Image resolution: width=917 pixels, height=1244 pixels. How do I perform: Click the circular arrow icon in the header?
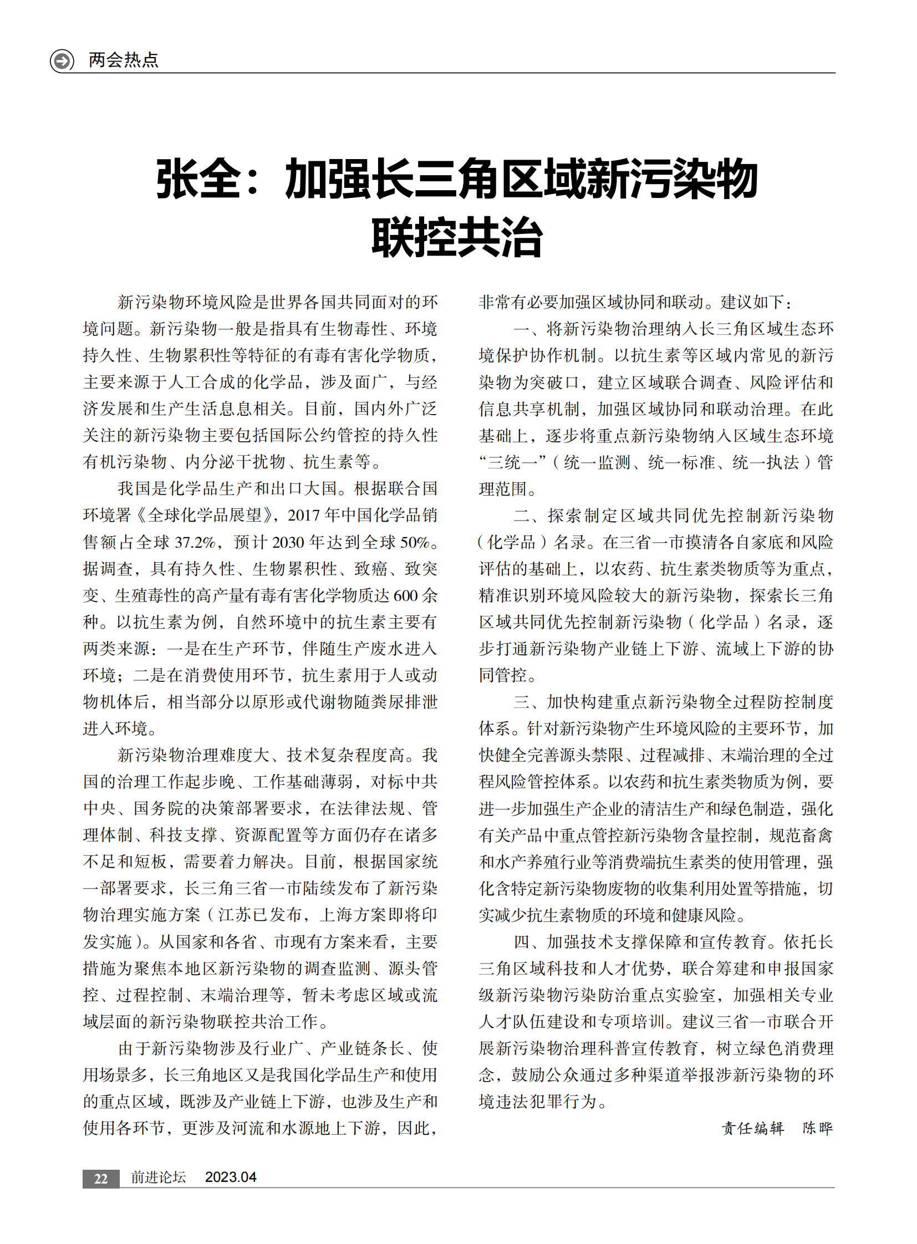[x=62, y=60]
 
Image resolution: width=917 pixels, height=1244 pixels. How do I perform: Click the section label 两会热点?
[x=123, y=60]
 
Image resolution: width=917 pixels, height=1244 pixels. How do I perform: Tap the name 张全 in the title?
[x=198, y=179]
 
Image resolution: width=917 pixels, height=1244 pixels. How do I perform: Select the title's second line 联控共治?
[x=457, y=238]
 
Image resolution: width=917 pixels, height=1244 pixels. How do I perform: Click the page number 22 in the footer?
[x=100, y=1179]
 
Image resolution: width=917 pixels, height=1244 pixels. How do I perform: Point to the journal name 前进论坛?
[x=158, y=1177]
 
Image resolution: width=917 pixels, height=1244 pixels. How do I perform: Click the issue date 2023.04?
[x=231, y=1177]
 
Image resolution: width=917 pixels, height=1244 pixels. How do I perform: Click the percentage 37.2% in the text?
[x=195, y=542]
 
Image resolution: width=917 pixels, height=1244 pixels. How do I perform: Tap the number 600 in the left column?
[x=405, y=595]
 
